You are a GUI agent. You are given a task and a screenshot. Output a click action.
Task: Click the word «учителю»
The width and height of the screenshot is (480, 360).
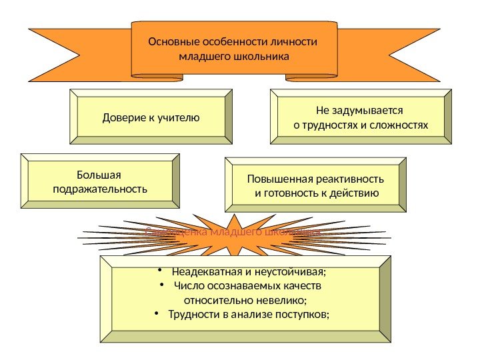178,118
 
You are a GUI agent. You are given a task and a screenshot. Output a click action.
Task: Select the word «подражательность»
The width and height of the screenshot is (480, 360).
99,189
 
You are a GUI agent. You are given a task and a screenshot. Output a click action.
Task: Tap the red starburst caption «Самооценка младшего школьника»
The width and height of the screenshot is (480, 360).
233,233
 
